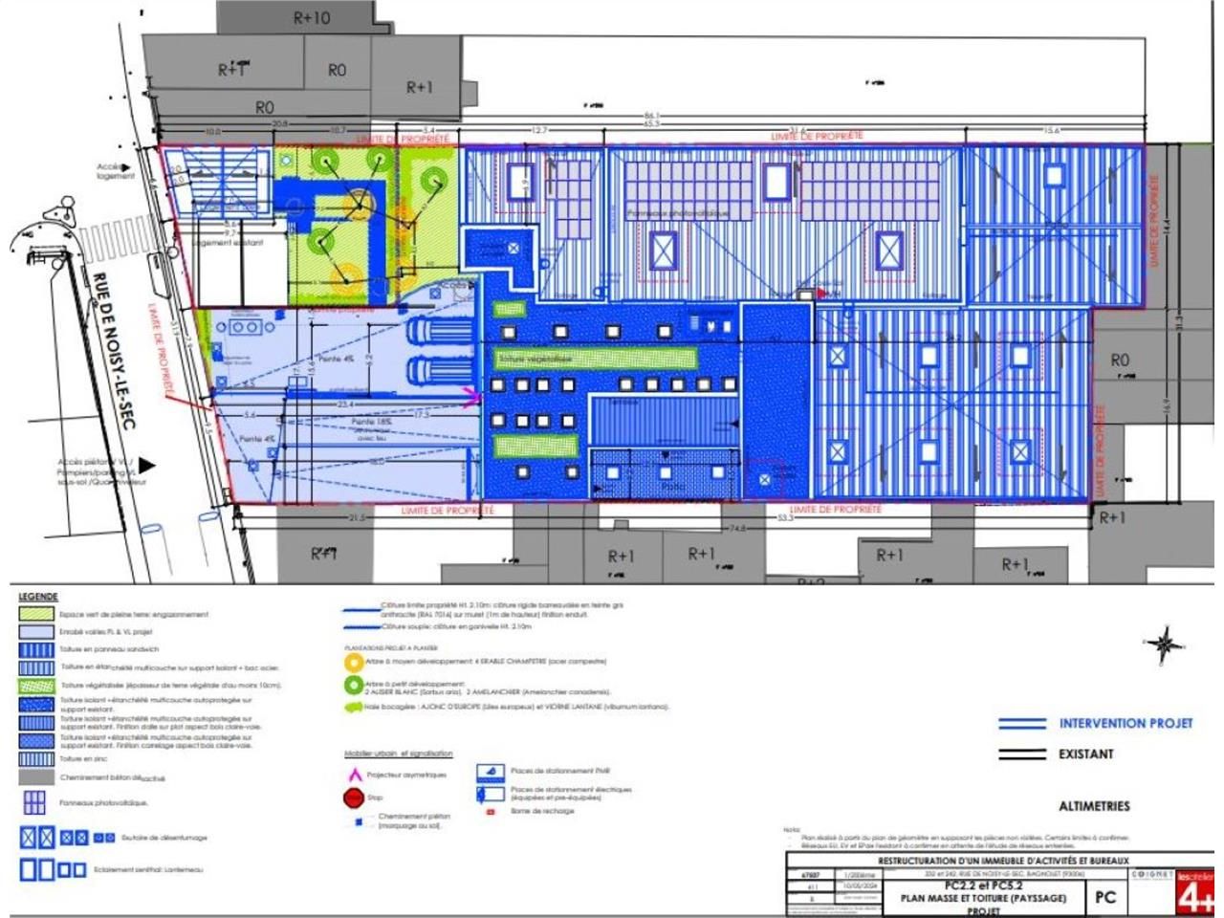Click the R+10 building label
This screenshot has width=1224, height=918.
[x=312, y=17]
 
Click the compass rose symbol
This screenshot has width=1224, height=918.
[x=1164, y=645]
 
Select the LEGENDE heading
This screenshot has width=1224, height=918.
[x=38, y=597]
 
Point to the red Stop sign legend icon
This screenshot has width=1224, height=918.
[x=352, y=797]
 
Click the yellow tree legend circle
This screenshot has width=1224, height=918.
[x=353, y=662]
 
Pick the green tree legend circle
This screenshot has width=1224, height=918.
[x=353, y=686]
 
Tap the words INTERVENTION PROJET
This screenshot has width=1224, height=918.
[x=1126, y=723]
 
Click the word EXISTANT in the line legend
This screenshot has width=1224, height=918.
[x=1085, y=754]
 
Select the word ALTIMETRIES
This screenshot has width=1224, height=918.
[x=1094, y=806]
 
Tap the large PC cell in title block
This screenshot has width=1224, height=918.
[x=1105, y=897]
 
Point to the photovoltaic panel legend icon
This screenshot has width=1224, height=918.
[x=35, y=801]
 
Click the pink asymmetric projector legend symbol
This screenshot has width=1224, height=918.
[x=352, y=774]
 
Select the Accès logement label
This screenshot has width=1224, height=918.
[x=115, y=171]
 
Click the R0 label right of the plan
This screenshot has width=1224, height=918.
[x=1120, y=360]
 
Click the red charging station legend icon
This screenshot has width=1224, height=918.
[x=490, y=811]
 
